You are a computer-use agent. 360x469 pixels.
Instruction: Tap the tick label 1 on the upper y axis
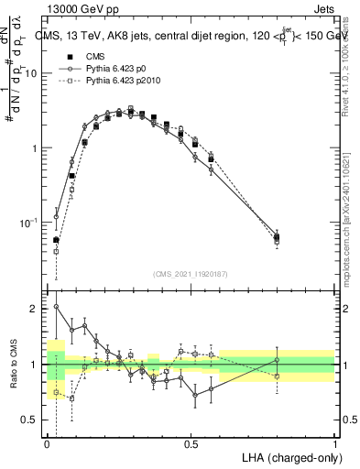[36, 148]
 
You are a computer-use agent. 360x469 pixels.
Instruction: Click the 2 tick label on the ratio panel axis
[36, 309]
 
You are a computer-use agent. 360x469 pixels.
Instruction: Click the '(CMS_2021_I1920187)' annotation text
[191, 274]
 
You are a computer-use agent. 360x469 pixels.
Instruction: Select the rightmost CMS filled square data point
[277, 238]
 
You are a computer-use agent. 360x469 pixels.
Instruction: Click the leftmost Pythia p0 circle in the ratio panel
[56, 307]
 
